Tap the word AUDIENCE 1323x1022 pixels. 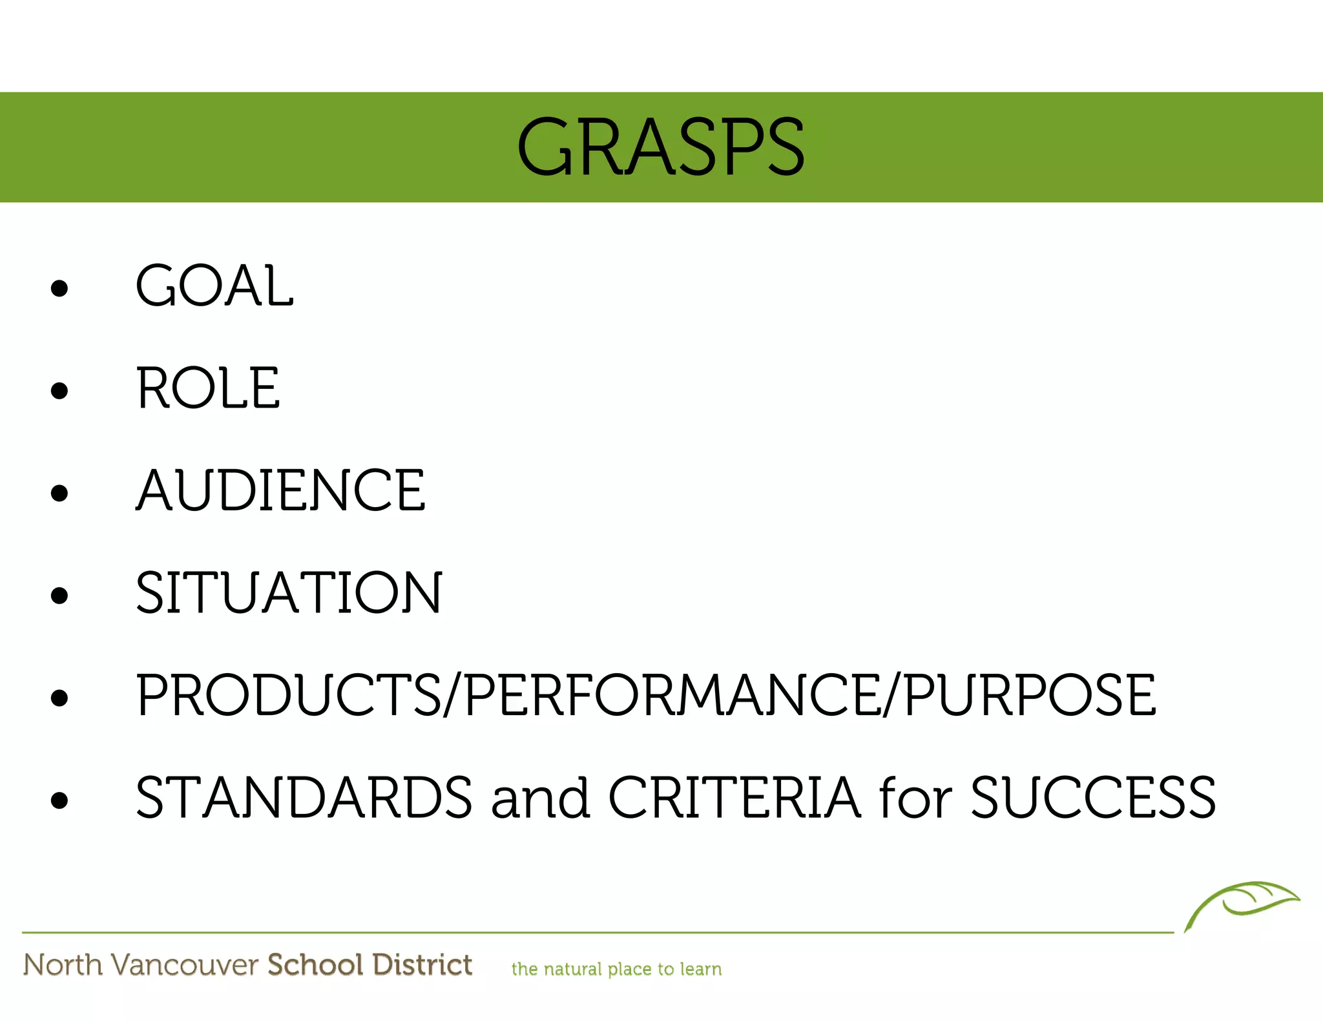280,490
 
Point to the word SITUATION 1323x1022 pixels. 289,592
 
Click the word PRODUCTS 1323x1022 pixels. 288,695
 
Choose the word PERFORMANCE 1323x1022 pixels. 672,695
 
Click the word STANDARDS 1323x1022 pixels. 304,798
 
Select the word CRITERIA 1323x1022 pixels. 734,798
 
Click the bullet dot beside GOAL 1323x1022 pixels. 59,288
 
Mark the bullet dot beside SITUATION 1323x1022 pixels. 59,595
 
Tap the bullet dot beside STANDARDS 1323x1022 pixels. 59,800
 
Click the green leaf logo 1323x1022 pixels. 1242,903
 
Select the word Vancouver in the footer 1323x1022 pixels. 185,965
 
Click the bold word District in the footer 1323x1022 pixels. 422,965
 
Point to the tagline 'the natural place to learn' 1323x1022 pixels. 616,969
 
